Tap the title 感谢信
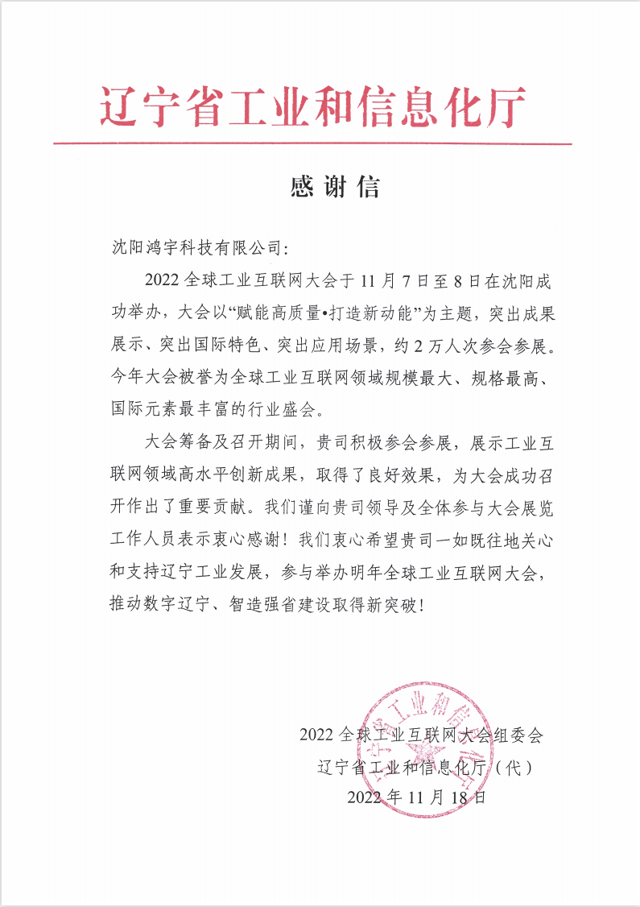tap(334, 187)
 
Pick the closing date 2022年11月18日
tap(417, 797)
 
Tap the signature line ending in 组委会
tap(421, 735)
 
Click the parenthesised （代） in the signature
tap(512, 767)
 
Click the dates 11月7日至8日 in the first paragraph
tap(411, 280)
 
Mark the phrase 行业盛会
tap(279, 408)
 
